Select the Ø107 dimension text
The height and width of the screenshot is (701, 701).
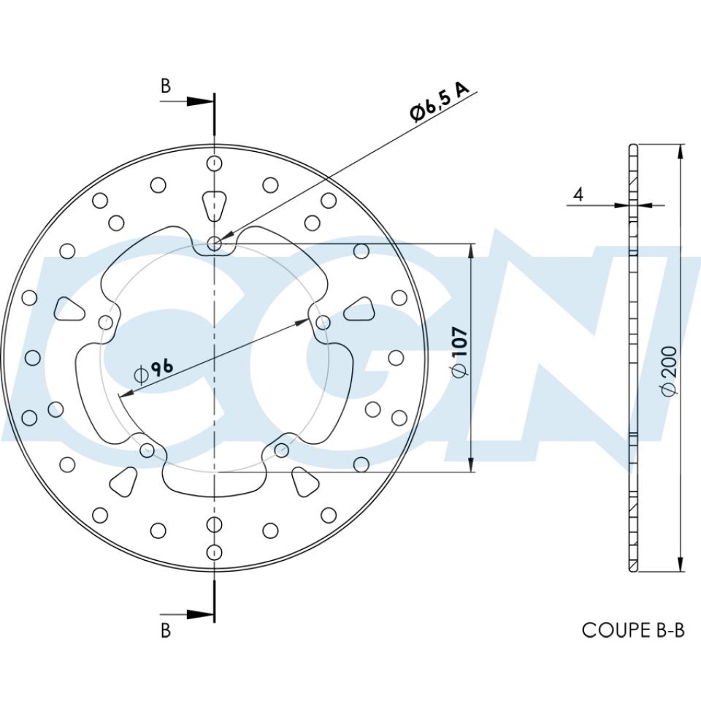coord(460,353)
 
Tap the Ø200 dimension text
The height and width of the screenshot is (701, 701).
coord(670,371)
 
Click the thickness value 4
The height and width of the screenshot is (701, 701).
coord(578,194)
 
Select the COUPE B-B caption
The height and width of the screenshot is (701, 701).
coord(633,629)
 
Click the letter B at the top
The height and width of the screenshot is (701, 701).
coord(166,86)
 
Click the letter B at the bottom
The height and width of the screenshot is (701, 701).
coord(166,629)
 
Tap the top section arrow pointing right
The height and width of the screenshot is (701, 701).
coord(200,101)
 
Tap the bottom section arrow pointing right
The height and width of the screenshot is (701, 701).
coord(200,614)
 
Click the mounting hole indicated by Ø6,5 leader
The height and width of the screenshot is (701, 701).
coord(215,244)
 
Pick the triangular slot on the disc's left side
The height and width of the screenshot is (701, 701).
coord(69,310)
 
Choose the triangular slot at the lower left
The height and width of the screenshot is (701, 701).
coord(125,480)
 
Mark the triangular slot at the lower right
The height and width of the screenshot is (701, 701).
coord(304,480)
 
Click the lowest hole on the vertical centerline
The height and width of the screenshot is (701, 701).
coord(214,552)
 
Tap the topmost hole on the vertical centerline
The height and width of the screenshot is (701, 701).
coord(214,163)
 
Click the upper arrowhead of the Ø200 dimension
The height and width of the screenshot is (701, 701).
coord(681,152)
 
